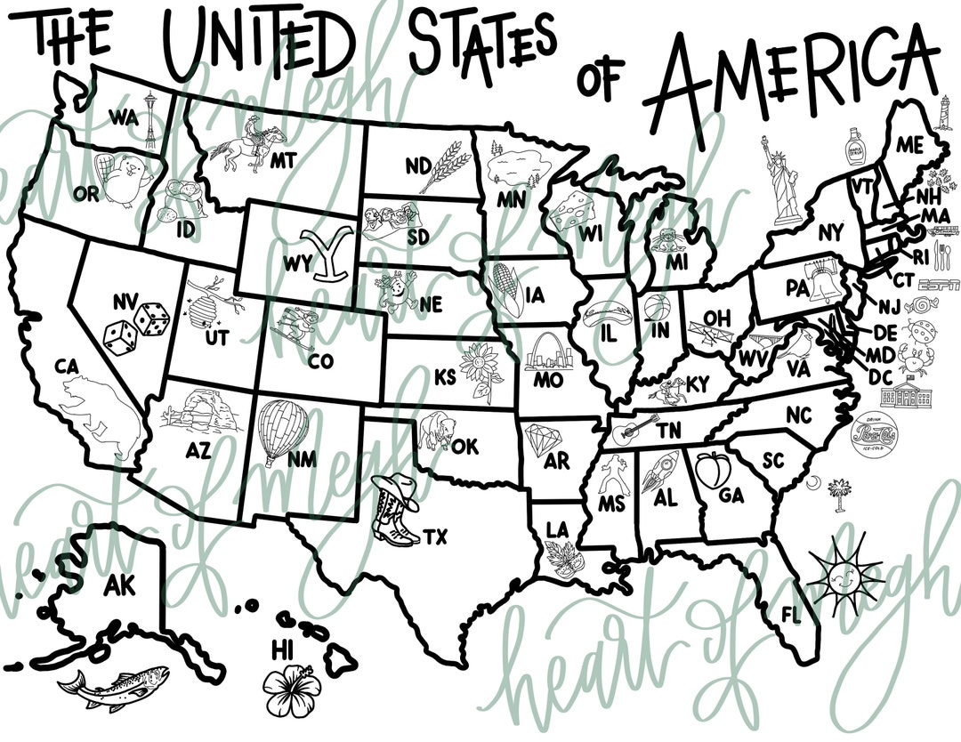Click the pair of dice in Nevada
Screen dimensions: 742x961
[135, 326]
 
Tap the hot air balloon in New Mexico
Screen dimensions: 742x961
[279, 431]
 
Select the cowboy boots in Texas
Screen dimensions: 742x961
[395, 509]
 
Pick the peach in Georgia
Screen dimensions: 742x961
[709, 469]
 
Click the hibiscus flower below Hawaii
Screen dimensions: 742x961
[290, 689]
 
